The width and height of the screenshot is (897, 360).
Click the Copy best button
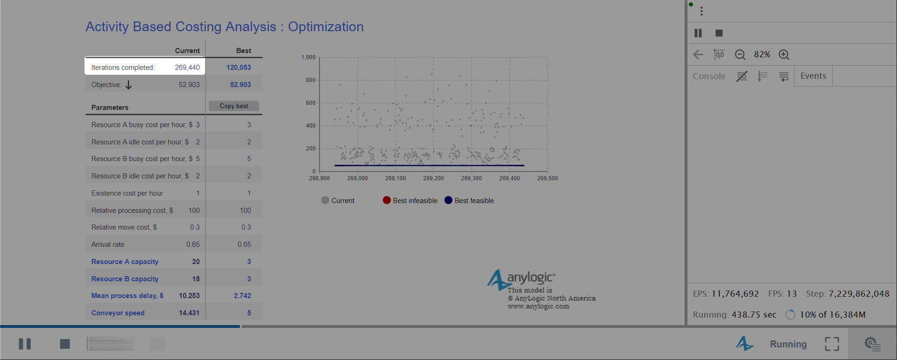(234, 106)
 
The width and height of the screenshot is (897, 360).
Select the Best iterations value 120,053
(238, 68)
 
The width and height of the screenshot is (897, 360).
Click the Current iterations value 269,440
(187, 68)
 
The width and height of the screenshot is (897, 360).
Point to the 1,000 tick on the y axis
(308, 57)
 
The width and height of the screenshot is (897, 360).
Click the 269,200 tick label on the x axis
(434, 178)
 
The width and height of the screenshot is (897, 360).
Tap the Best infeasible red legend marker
(387, 200)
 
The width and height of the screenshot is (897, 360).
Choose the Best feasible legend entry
(469, 200)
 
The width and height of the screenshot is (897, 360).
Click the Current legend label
(343, 201)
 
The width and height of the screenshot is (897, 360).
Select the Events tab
(813, 76)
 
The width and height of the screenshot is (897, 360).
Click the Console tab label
(709, 76)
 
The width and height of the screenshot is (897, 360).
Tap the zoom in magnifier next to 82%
(784, 54)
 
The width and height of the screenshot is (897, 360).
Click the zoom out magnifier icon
(740, 54)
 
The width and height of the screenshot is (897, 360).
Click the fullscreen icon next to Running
(832, 344)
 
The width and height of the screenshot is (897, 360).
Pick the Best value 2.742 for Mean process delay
(242, 296)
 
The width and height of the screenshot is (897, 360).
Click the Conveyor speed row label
(118, 313)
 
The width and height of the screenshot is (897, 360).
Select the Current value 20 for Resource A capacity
(196, 262)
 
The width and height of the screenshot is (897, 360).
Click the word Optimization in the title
(326, 27)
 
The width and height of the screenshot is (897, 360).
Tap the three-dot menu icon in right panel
(701, 11)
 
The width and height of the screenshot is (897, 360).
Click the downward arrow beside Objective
(129, 85)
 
